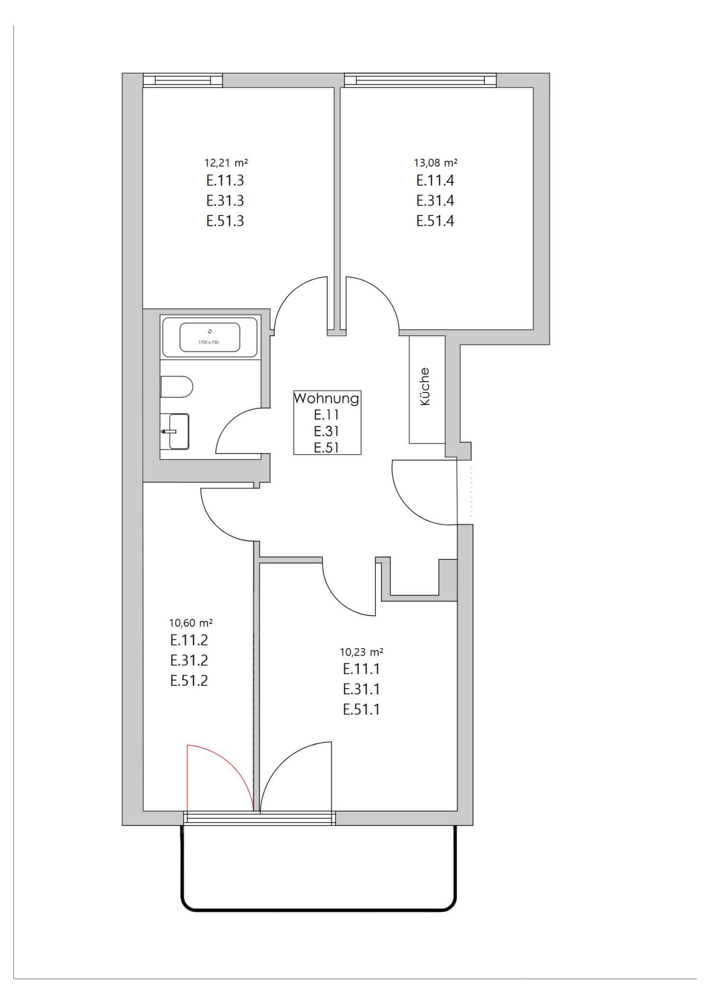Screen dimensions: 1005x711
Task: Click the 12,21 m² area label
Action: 226,163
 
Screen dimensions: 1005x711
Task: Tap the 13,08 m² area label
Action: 436,163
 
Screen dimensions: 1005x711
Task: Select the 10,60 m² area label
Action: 191,622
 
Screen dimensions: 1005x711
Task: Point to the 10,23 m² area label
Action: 361,652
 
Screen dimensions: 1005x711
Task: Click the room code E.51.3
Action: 225,221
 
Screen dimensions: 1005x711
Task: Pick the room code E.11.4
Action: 435,180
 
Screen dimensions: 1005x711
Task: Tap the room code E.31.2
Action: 189,660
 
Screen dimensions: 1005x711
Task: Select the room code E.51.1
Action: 361,709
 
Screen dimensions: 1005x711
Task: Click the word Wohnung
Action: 327,398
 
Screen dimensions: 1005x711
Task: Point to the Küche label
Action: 425,386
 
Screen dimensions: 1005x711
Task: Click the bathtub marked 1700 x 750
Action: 210,337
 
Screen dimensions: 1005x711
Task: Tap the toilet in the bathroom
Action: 176,387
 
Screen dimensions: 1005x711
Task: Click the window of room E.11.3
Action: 182,81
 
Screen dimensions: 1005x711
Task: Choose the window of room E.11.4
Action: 420,81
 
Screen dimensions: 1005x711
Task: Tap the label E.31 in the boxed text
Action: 326,431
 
